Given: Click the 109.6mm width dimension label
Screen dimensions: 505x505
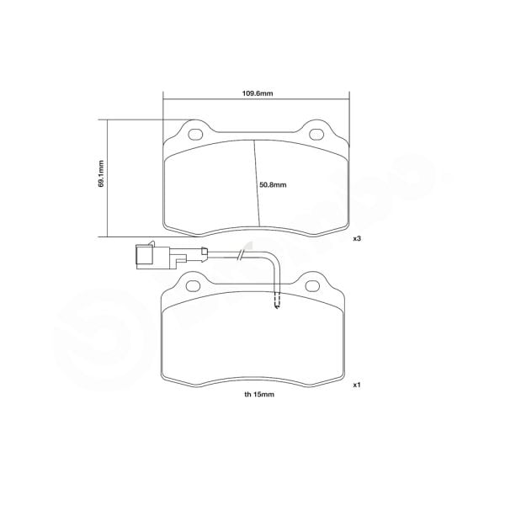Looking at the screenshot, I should tap(255, 93).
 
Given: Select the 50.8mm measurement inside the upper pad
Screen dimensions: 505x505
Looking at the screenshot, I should tap(274, 185).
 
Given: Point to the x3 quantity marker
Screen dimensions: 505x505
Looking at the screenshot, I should tap(357, 239).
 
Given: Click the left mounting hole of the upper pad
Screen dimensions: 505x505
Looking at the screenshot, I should tap(195, 134).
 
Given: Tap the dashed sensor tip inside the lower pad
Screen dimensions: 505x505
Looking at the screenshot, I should tap(278, 300).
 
